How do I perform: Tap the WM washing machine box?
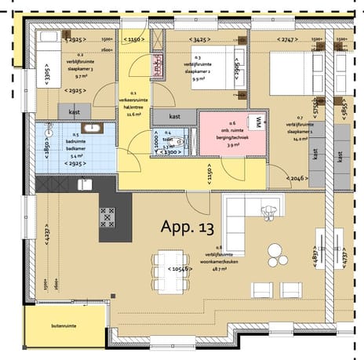coord(257,122)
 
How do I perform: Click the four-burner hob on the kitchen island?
coord(107,216)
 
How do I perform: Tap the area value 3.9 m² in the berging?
coord(233,144)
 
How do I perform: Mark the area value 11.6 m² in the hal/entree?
coord(133,113)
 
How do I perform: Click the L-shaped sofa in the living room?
coord(243,216)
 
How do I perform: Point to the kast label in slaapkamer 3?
coord(74,113)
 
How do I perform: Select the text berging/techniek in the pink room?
coord(233,135)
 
